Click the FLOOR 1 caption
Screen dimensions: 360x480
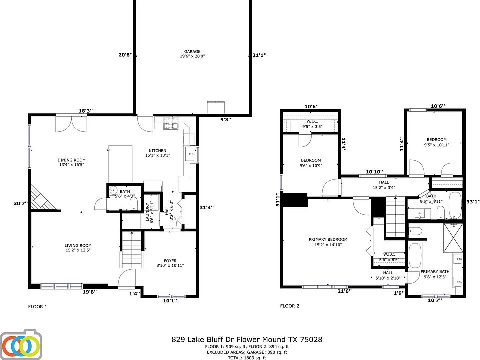[37, 306]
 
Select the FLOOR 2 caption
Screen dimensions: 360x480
[289, 306]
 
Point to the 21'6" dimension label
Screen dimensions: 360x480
[342, 291]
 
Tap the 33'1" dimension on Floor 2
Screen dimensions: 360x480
[472, 202]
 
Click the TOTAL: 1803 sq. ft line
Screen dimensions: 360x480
[247, 357]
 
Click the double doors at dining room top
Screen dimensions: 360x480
[72, 123]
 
